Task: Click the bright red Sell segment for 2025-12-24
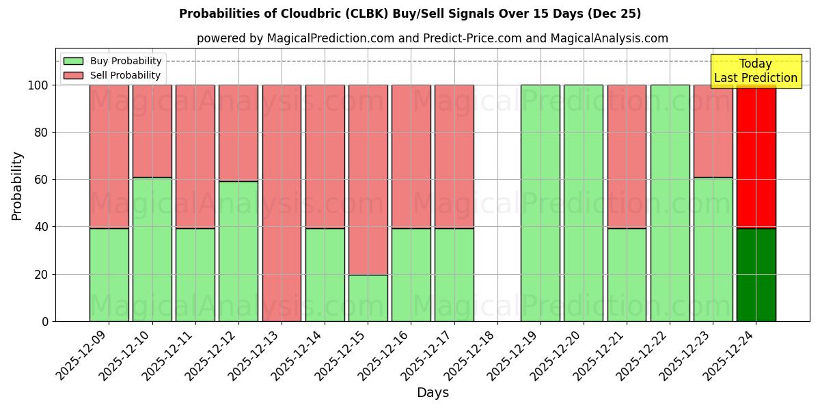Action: click(x=756, y=157)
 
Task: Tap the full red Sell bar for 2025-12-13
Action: click(x=282, y=203)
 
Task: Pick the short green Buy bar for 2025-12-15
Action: click(x=368, y=298)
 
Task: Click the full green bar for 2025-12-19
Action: click(x=540, y=203)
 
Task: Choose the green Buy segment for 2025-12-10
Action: click(x=152, y=249)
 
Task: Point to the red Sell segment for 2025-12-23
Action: click(x=713, y=131)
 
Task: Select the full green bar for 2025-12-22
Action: click(x=670, y=203)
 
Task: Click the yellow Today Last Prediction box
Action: click(x=756, y=71)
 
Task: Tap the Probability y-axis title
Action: click(x=17, y=185)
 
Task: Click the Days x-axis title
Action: click(x=433, y=393)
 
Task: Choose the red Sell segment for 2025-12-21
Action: click(x=627, y=156)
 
